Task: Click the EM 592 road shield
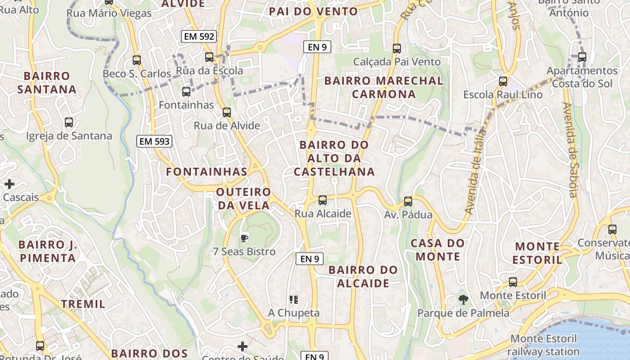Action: (199, 36)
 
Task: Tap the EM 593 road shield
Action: (154, 141)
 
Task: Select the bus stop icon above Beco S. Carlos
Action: (137, 60)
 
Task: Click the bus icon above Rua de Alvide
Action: (227, 112)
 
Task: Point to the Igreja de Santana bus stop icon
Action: (69, 122)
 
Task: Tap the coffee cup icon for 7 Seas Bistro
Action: (244, 238)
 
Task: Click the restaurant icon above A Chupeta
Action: (294, 299)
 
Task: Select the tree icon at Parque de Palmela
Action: (463, 299)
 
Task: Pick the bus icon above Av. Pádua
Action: (408, 201)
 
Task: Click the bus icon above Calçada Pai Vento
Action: (397, 48)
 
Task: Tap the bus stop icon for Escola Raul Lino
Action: (503, 81)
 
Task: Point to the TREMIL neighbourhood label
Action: (83, 304)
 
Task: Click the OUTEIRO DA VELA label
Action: (243, 199)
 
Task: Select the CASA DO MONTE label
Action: (437, 250)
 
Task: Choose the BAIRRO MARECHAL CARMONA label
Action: (384, 87)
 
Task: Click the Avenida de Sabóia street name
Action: (570, 150)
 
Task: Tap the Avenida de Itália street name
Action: (476, 172)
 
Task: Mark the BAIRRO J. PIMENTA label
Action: (47, 252)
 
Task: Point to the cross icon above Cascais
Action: (9, 184)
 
